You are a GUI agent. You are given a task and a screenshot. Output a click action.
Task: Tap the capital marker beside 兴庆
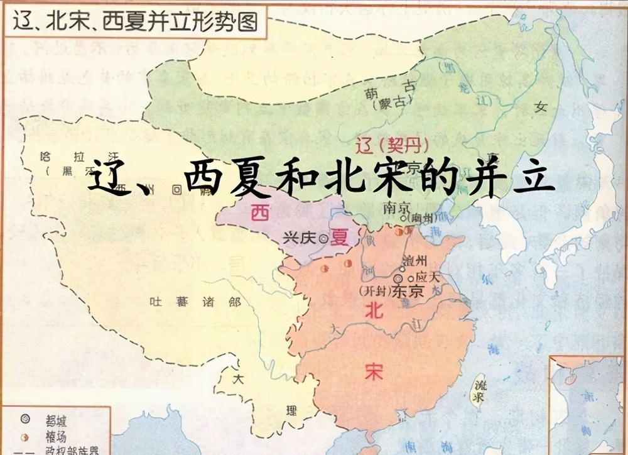pyautogui.click(x=323, y=238)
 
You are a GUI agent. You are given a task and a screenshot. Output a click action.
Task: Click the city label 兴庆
pyautogui.click(x=299, y=238)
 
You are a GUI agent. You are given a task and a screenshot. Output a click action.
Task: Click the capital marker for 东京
pyautogui.click(x=398, y=277)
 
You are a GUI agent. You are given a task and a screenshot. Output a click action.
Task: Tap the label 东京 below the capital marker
pyautogui.click(x=408, y=292)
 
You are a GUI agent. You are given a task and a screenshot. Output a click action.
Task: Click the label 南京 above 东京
pyautogui.click(x=397, y=206)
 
